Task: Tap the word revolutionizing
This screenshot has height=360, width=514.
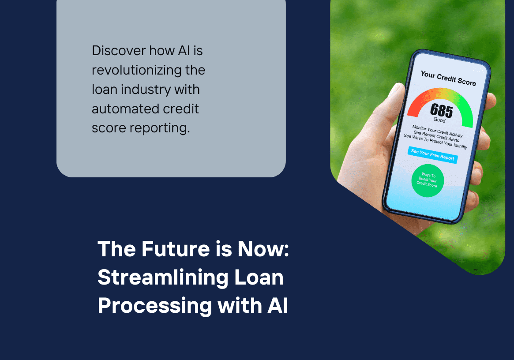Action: pos(148,70)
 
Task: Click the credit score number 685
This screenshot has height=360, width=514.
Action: pos(441,110)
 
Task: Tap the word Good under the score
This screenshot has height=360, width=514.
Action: pos(439,120)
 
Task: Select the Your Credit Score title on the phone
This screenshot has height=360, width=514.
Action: pos(448,79)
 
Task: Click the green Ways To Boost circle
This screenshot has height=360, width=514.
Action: pos(427,180)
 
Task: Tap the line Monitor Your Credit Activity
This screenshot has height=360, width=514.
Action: pos(437,131)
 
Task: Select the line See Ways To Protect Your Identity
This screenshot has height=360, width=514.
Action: pos(435,141)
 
